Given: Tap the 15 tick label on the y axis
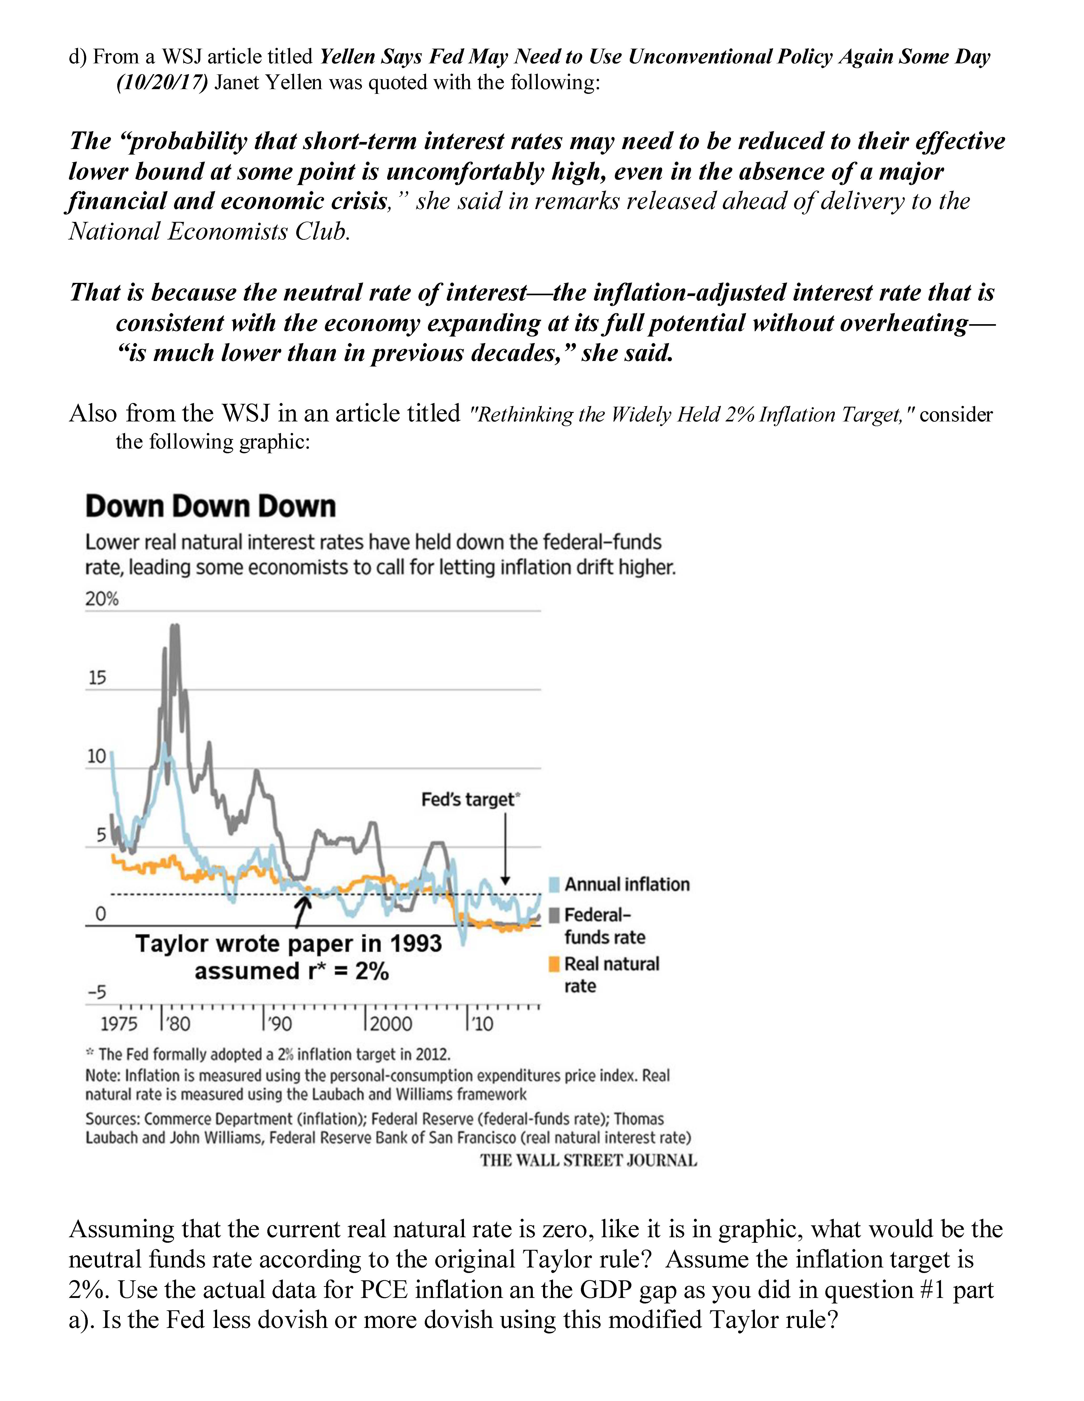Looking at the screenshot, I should tap(97, 678).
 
